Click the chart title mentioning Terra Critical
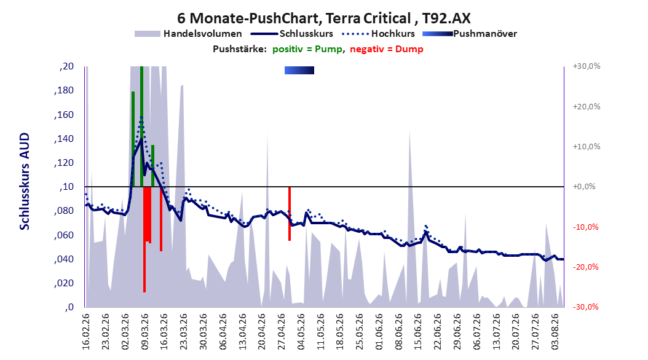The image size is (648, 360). point(323,18)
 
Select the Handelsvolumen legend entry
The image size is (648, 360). point(189,34)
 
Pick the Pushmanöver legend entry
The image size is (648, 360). point(470,34)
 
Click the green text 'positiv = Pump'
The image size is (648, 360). point(307,49)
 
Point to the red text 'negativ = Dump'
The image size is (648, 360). point(387,49)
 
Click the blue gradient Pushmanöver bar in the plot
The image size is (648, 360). point(299,70)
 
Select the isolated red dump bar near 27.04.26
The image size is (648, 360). point(290,213)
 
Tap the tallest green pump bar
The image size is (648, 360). point(142,127)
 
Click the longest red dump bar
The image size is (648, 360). point(144,240)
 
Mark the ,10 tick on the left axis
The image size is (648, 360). point(66,187)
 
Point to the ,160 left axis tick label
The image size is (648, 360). point(64,115)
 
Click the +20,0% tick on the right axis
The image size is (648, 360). point(587,106)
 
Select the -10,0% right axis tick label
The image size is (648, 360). point(585,227)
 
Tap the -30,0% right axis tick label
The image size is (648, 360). point(585,307)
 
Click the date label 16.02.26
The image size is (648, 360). point(86,332)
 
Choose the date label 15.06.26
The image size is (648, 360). point(418,332)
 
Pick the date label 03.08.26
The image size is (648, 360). point(555,332)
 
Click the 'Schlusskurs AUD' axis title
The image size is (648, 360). point(25,181)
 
